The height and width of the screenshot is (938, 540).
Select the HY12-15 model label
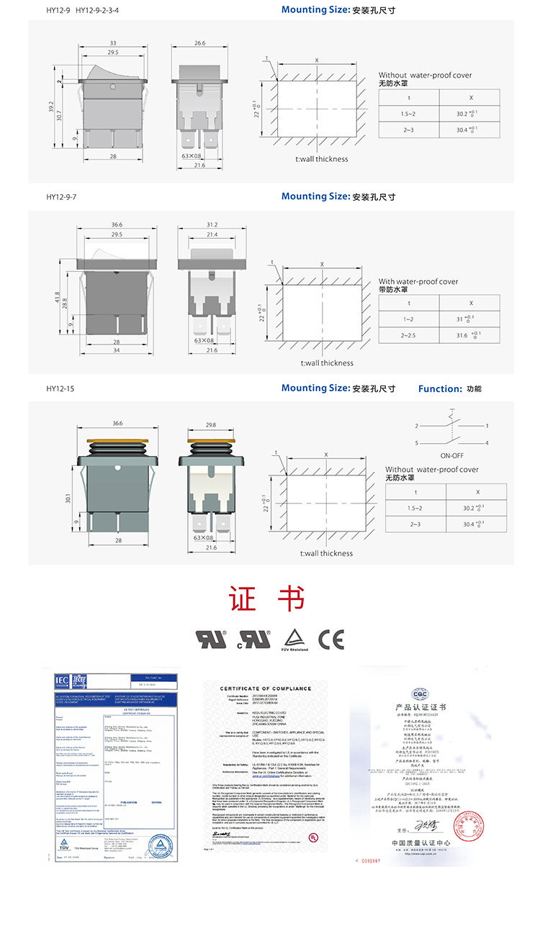click(x=60, y=388)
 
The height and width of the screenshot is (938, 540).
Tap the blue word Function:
click(x=440, y=388)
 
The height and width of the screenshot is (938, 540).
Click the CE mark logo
click(x=331, y=639)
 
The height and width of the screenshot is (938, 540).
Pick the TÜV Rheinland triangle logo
click(x=294, y=639)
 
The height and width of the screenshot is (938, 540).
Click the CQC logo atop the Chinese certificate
click(x=420, y=693)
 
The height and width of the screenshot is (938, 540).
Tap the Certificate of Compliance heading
click(x=265, y=688)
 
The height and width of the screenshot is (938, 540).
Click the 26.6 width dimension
click(x=199, y=43)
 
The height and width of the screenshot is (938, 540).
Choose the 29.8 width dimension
click(x=212, y=425)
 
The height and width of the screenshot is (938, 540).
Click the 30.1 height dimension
click(x=68, y=498)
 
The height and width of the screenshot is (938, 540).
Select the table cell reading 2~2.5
click(x=409, y=335)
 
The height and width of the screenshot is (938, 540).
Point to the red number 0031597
click(x=374, y=860)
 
